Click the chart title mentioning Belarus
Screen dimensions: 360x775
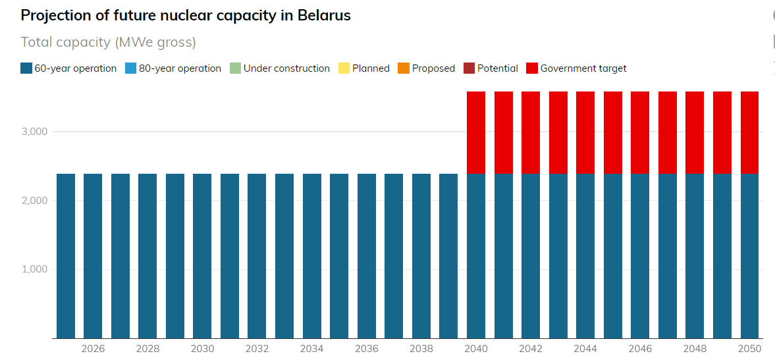point(186,16)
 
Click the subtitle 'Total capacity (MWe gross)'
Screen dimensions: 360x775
point(109,42)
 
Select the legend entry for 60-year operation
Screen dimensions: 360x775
point(68,68)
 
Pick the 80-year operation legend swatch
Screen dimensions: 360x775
point(131,68)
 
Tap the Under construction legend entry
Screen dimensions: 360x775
point(280,68)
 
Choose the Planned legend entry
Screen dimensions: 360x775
point(364,68)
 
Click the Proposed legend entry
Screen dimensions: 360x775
point(427,68)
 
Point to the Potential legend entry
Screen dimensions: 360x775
point(491,68)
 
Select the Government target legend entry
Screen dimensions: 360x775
point(576,68)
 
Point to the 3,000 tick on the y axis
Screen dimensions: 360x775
point(34,132)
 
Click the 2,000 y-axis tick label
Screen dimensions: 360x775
point(34,200)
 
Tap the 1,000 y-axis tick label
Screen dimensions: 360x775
point(34,269)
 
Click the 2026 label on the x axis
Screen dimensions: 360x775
point(93,348)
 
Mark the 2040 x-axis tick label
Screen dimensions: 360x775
point(476,348)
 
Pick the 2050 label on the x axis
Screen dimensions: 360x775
point(749,348)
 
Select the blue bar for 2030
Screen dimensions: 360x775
point(202,256)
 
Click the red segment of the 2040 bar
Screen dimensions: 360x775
point(476,132)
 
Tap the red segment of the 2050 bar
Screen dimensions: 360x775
point(749,132)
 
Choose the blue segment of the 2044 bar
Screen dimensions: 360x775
point(585,256)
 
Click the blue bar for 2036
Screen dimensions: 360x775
point(367,256)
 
